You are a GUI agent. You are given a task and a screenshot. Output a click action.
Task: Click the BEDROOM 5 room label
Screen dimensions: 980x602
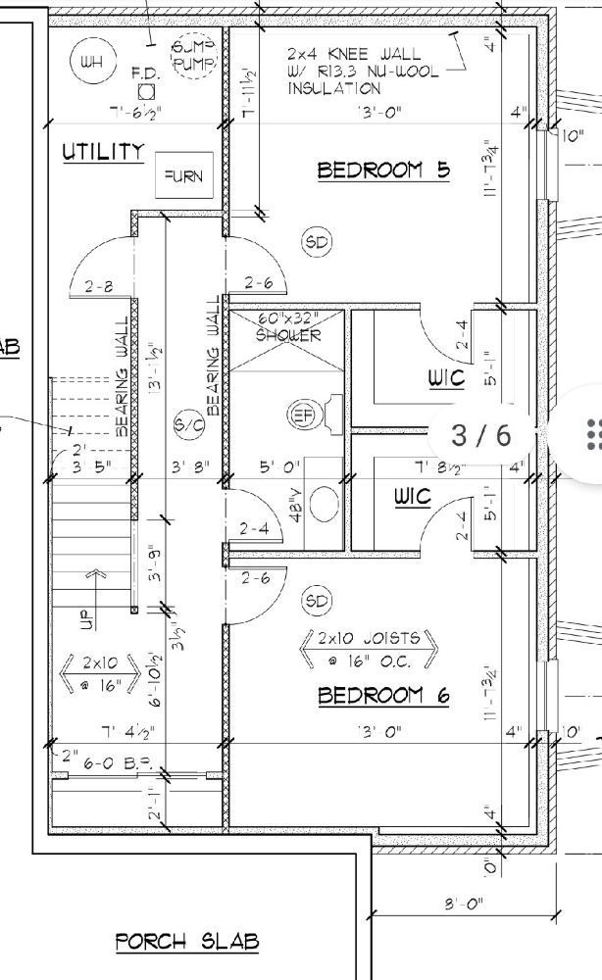[x=383, y=171]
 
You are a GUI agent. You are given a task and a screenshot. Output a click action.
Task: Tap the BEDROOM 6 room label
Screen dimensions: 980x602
[x=383, y=696]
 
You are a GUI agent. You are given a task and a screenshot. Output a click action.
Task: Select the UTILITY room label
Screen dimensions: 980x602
[x=103, y=152]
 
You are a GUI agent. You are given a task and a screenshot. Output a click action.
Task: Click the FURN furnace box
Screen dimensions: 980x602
[x=182, y=176]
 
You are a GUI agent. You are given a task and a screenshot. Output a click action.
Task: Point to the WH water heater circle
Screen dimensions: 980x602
[x=91, y=62]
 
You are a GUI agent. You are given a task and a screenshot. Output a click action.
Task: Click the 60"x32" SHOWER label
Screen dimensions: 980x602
[x=288, y=327]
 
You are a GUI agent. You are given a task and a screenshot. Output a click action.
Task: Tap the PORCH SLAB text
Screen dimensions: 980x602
[x=187, y=942]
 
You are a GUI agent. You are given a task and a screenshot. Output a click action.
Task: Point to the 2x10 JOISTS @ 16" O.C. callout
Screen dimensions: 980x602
[x=368, y=646]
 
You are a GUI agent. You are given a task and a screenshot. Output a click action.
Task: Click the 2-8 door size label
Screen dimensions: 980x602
[x=99, y=287]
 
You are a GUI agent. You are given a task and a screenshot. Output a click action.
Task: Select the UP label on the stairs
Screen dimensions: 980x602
[x=86, y=617]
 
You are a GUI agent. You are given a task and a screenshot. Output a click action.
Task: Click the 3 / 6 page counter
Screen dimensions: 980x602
[x=480, y=434]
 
